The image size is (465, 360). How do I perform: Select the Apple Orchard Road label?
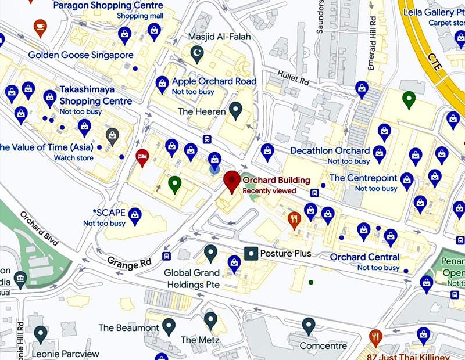point(213,81)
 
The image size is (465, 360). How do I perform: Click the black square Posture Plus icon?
point(251,254)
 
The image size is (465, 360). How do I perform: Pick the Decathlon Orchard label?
point(330,151)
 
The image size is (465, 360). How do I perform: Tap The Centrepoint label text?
point(363,178)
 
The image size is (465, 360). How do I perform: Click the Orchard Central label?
point(364,257)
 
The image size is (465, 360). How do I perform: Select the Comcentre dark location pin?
point(309,326)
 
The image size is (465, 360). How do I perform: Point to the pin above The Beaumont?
point(169,326)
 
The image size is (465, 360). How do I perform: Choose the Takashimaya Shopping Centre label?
point(96,95)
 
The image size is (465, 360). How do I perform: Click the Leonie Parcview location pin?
point(40,334)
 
